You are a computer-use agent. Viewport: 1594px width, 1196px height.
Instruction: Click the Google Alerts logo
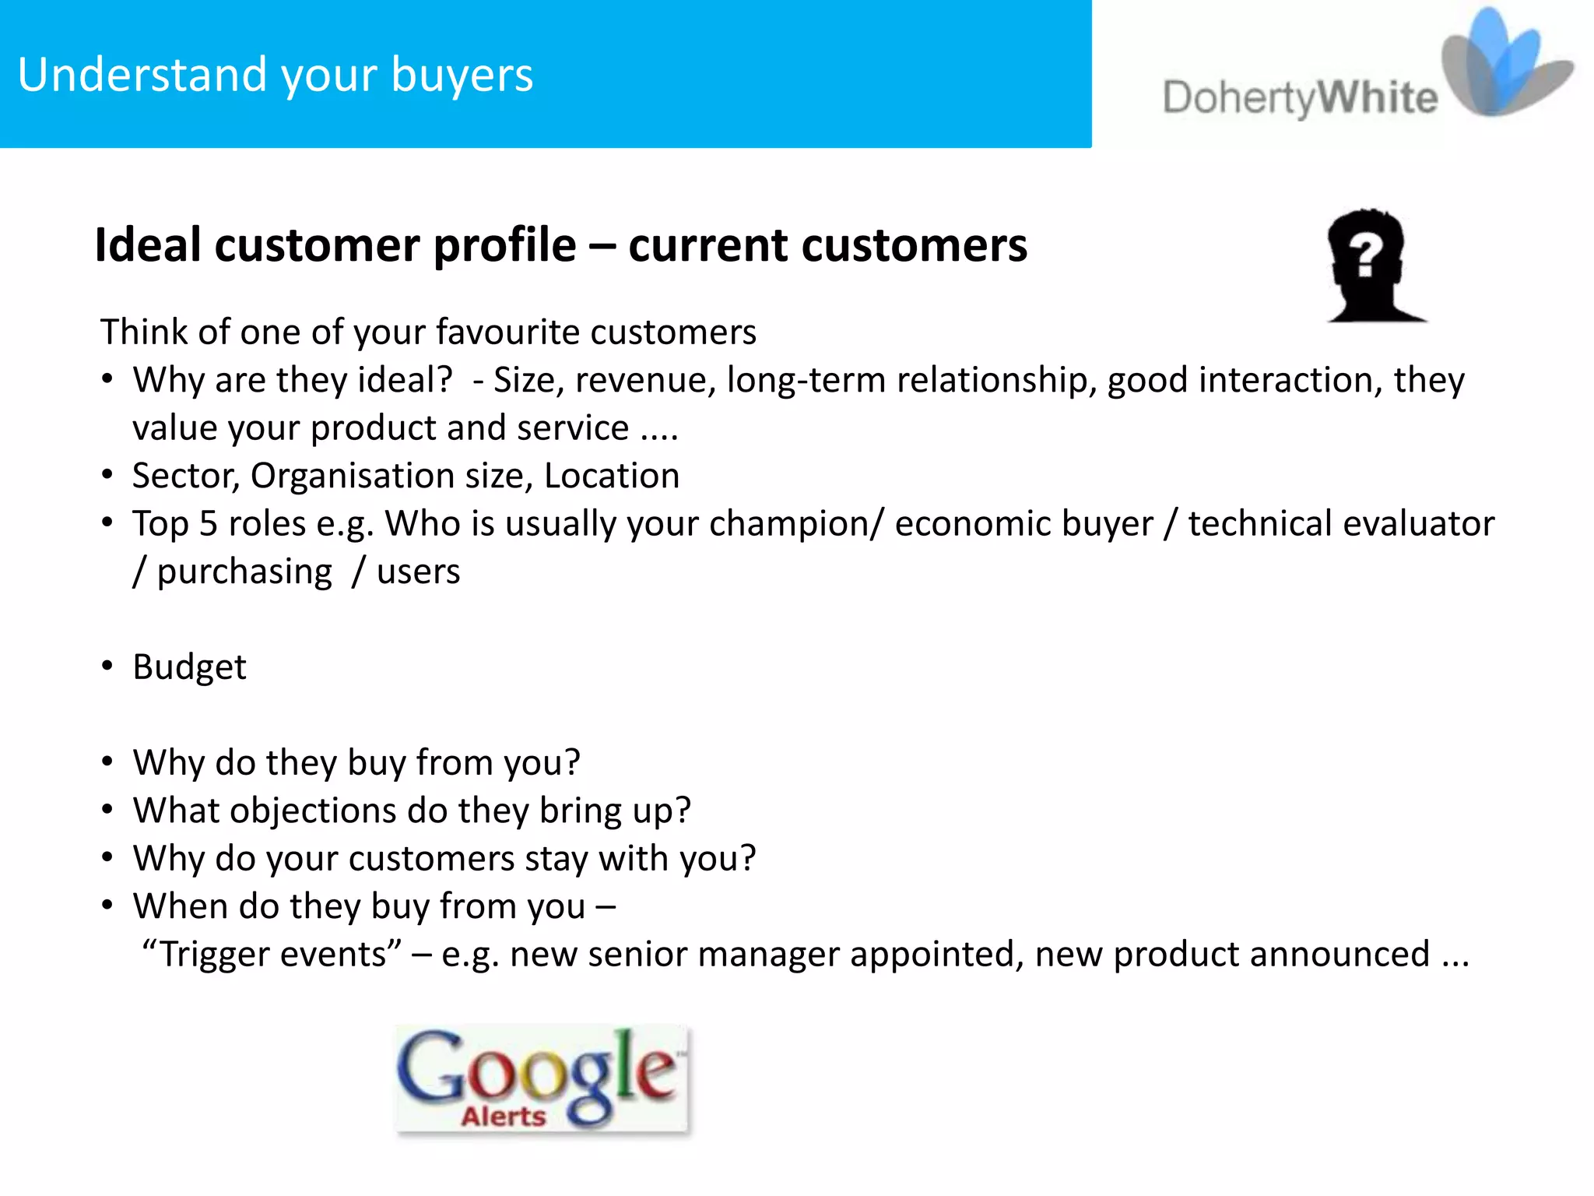[542, 1079]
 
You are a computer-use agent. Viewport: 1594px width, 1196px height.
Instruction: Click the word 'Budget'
[189, 667]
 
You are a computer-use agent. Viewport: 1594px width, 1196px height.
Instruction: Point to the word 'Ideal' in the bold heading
[148, 245]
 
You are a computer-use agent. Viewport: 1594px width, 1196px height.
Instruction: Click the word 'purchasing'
[244, 572]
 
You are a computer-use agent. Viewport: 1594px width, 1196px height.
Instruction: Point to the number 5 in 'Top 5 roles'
[208, 524]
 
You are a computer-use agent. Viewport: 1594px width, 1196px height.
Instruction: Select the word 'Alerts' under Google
[504, 1116]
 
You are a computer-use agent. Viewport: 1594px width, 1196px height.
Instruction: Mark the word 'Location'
[612, 476]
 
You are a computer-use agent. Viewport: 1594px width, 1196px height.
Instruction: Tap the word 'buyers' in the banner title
[462, 75]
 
